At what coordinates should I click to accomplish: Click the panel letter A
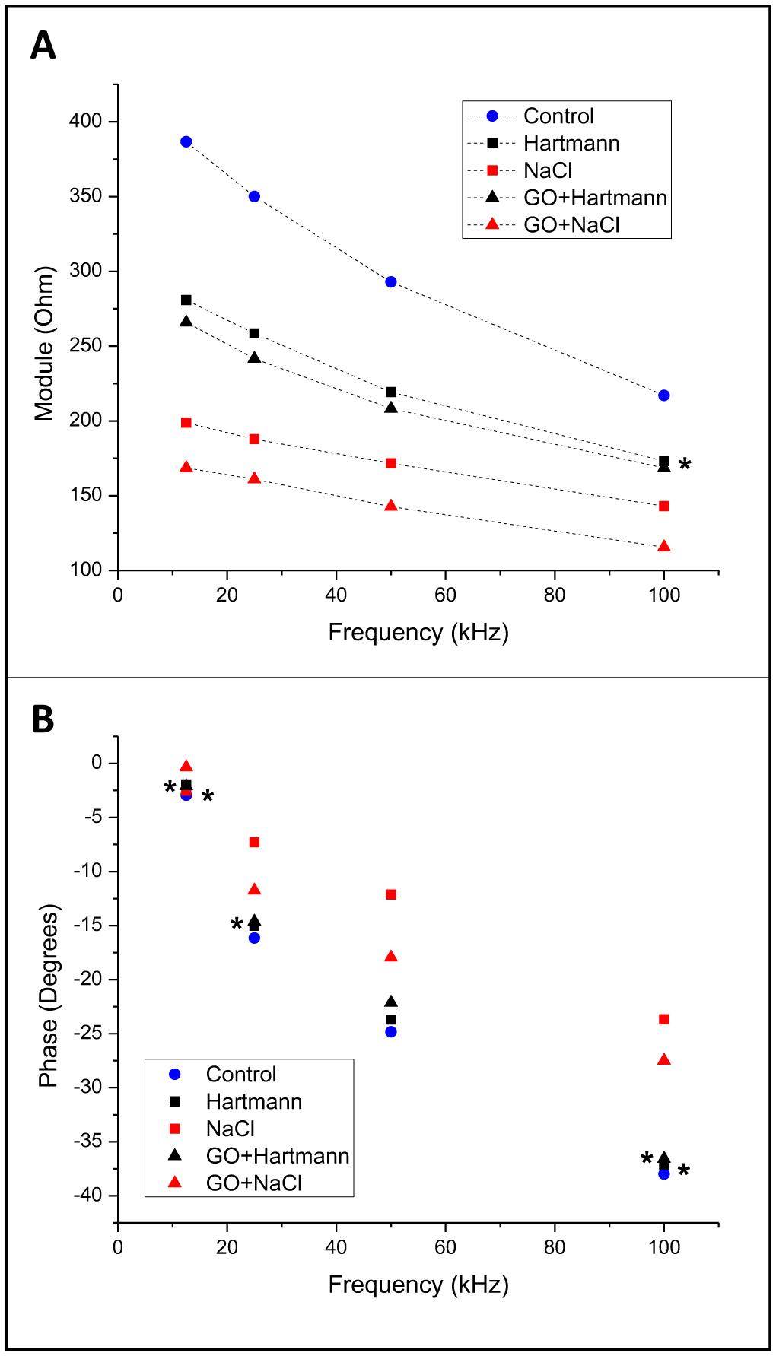point(43,46)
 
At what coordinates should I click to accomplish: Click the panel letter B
point(43,719)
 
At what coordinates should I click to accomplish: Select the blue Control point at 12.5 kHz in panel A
point(186,141)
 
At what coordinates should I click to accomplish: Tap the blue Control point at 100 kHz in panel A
point(664,395)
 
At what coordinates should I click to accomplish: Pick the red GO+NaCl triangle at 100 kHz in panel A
point(664,547)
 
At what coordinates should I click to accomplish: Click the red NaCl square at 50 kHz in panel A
point(391,463)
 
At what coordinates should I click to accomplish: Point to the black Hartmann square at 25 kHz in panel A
point(254,333)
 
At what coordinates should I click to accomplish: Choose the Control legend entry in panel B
point(240,1074)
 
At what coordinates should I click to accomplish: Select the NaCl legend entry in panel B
point(230,1129)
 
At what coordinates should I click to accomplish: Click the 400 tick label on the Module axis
point(85,121)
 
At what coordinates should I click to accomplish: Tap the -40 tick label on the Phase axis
point(87,1195)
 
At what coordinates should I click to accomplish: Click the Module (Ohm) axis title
point(45,344)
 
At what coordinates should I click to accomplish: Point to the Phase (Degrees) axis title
point(49,996)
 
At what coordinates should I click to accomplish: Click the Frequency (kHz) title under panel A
point(418,633)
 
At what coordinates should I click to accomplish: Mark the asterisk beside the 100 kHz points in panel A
point(685,465)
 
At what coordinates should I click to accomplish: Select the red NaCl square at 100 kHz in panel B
point(664,1019)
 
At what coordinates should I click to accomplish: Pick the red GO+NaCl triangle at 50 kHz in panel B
point(391,957)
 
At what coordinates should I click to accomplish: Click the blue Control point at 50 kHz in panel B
point(391,1032)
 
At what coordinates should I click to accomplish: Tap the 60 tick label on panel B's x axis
point(445,1247)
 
